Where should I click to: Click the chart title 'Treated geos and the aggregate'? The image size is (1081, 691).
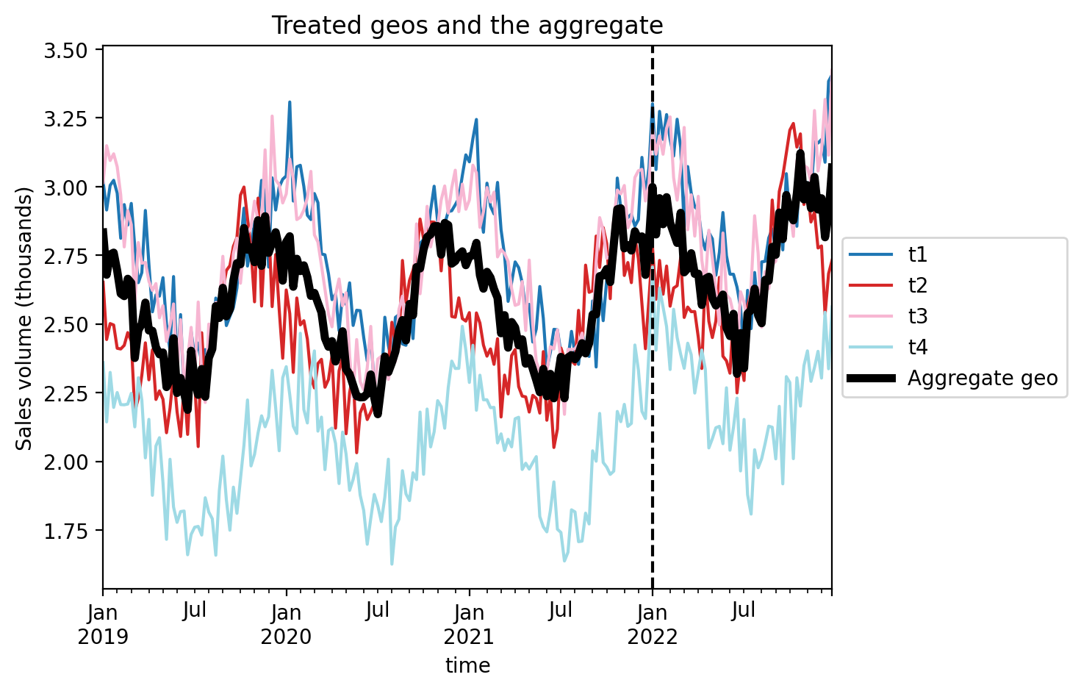coord(467,26)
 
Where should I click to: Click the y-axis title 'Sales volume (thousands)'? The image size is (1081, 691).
coord(25,318)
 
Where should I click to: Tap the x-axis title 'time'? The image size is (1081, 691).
coord(467,666)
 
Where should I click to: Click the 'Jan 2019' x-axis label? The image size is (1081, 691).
coord(103,623)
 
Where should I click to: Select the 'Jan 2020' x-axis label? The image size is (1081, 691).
coord(286,623)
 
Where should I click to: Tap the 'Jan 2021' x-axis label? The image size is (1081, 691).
coord(469,623)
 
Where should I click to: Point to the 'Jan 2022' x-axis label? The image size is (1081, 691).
coord(652,623)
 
